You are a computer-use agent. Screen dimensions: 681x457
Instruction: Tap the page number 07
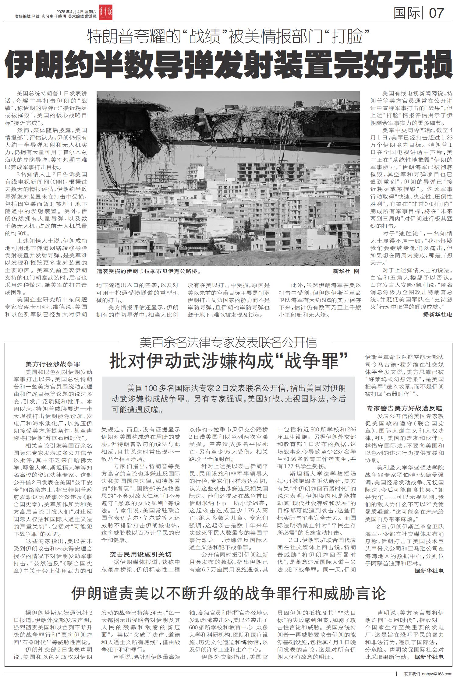[436, 13]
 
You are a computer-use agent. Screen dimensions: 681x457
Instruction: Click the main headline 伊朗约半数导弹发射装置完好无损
[228, 65]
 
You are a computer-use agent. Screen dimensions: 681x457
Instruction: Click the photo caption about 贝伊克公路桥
[149, 271]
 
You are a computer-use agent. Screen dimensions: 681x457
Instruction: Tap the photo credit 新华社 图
[346, 271]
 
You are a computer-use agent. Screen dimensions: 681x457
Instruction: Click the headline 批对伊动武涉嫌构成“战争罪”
[228, 361]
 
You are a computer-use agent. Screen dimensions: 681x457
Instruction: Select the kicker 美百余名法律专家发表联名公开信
[228, 343]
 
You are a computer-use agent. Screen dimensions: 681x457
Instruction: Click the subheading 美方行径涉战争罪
[53, 364]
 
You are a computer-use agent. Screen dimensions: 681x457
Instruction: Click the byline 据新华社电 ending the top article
[438, 314]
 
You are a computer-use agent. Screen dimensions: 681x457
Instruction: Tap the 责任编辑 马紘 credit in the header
[27, 16]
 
